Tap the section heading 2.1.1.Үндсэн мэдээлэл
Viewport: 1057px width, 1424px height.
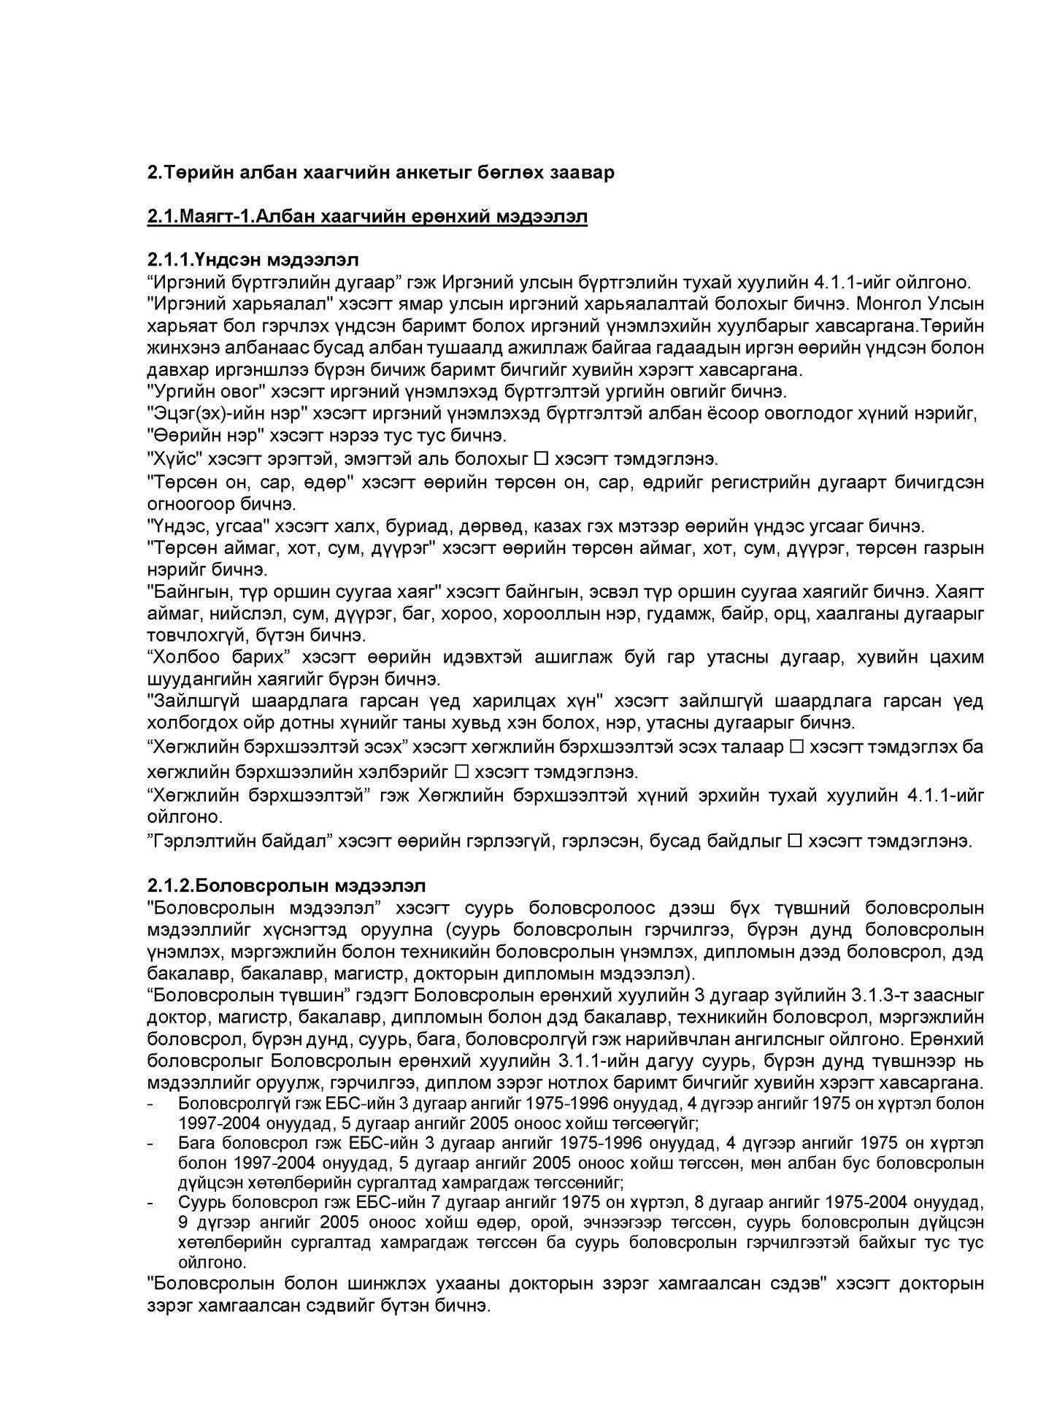click(253, 260)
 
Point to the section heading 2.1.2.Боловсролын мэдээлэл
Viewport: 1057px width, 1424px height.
click(285, 885)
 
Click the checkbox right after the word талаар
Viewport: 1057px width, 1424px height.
click(796, 747)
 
